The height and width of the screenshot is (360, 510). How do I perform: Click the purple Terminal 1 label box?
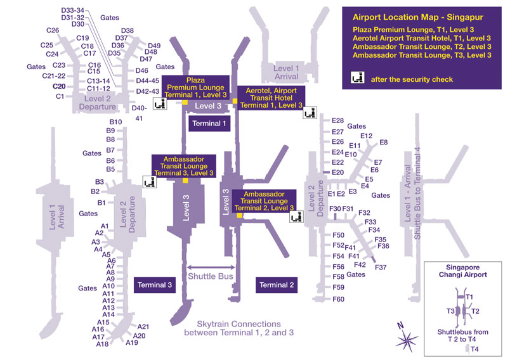209,124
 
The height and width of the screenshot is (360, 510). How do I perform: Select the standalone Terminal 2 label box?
277,285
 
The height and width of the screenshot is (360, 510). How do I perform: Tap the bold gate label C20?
59,86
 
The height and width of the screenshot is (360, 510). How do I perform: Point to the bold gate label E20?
337,172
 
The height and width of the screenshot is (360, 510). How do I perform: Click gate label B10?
115,122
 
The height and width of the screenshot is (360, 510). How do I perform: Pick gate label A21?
143,326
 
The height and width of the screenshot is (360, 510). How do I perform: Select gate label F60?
338,299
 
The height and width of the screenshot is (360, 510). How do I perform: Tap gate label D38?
127,30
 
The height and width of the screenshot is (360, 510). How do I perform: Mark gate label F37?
381,267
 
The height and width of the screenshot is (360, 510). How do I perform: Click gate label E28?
337,120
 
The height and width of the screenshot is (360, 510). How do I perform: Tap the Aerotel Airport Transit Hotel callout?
271,97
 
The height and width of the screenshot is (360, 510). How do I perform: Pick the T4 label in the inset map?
474,349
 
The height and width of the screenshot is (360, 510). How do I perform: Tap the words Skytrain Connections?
238,323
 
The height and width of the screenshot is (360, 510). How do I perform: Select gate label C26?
53,30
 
